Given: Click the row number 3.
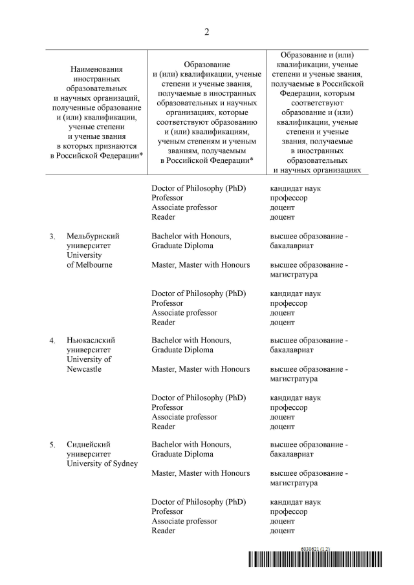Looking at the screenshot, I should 52,237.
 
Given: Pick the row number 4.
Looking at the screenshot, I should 52,341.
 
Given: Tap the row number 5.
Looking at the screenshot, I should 52,445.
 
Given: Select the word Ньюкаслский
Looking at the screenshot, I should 93,340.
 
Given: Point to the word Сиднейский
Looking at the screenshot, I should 89,445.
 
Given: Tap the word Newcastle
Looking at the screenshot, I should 85,369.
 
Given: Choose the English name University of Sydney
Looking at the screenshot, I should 102,463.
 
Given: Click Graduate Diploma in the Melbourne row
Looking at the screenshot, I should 182,246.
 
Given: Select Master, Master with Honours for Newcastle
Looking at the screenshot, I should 201,369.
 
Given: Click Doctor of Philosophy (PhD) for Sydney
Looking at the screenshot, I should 199,502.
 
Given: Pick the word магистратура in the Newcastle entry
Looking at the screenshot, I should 294,379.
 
